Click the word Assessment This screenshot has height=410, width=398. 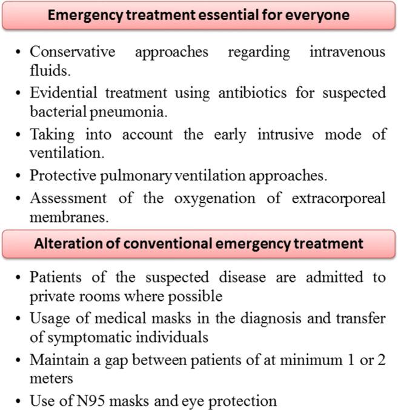[64, 198]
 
